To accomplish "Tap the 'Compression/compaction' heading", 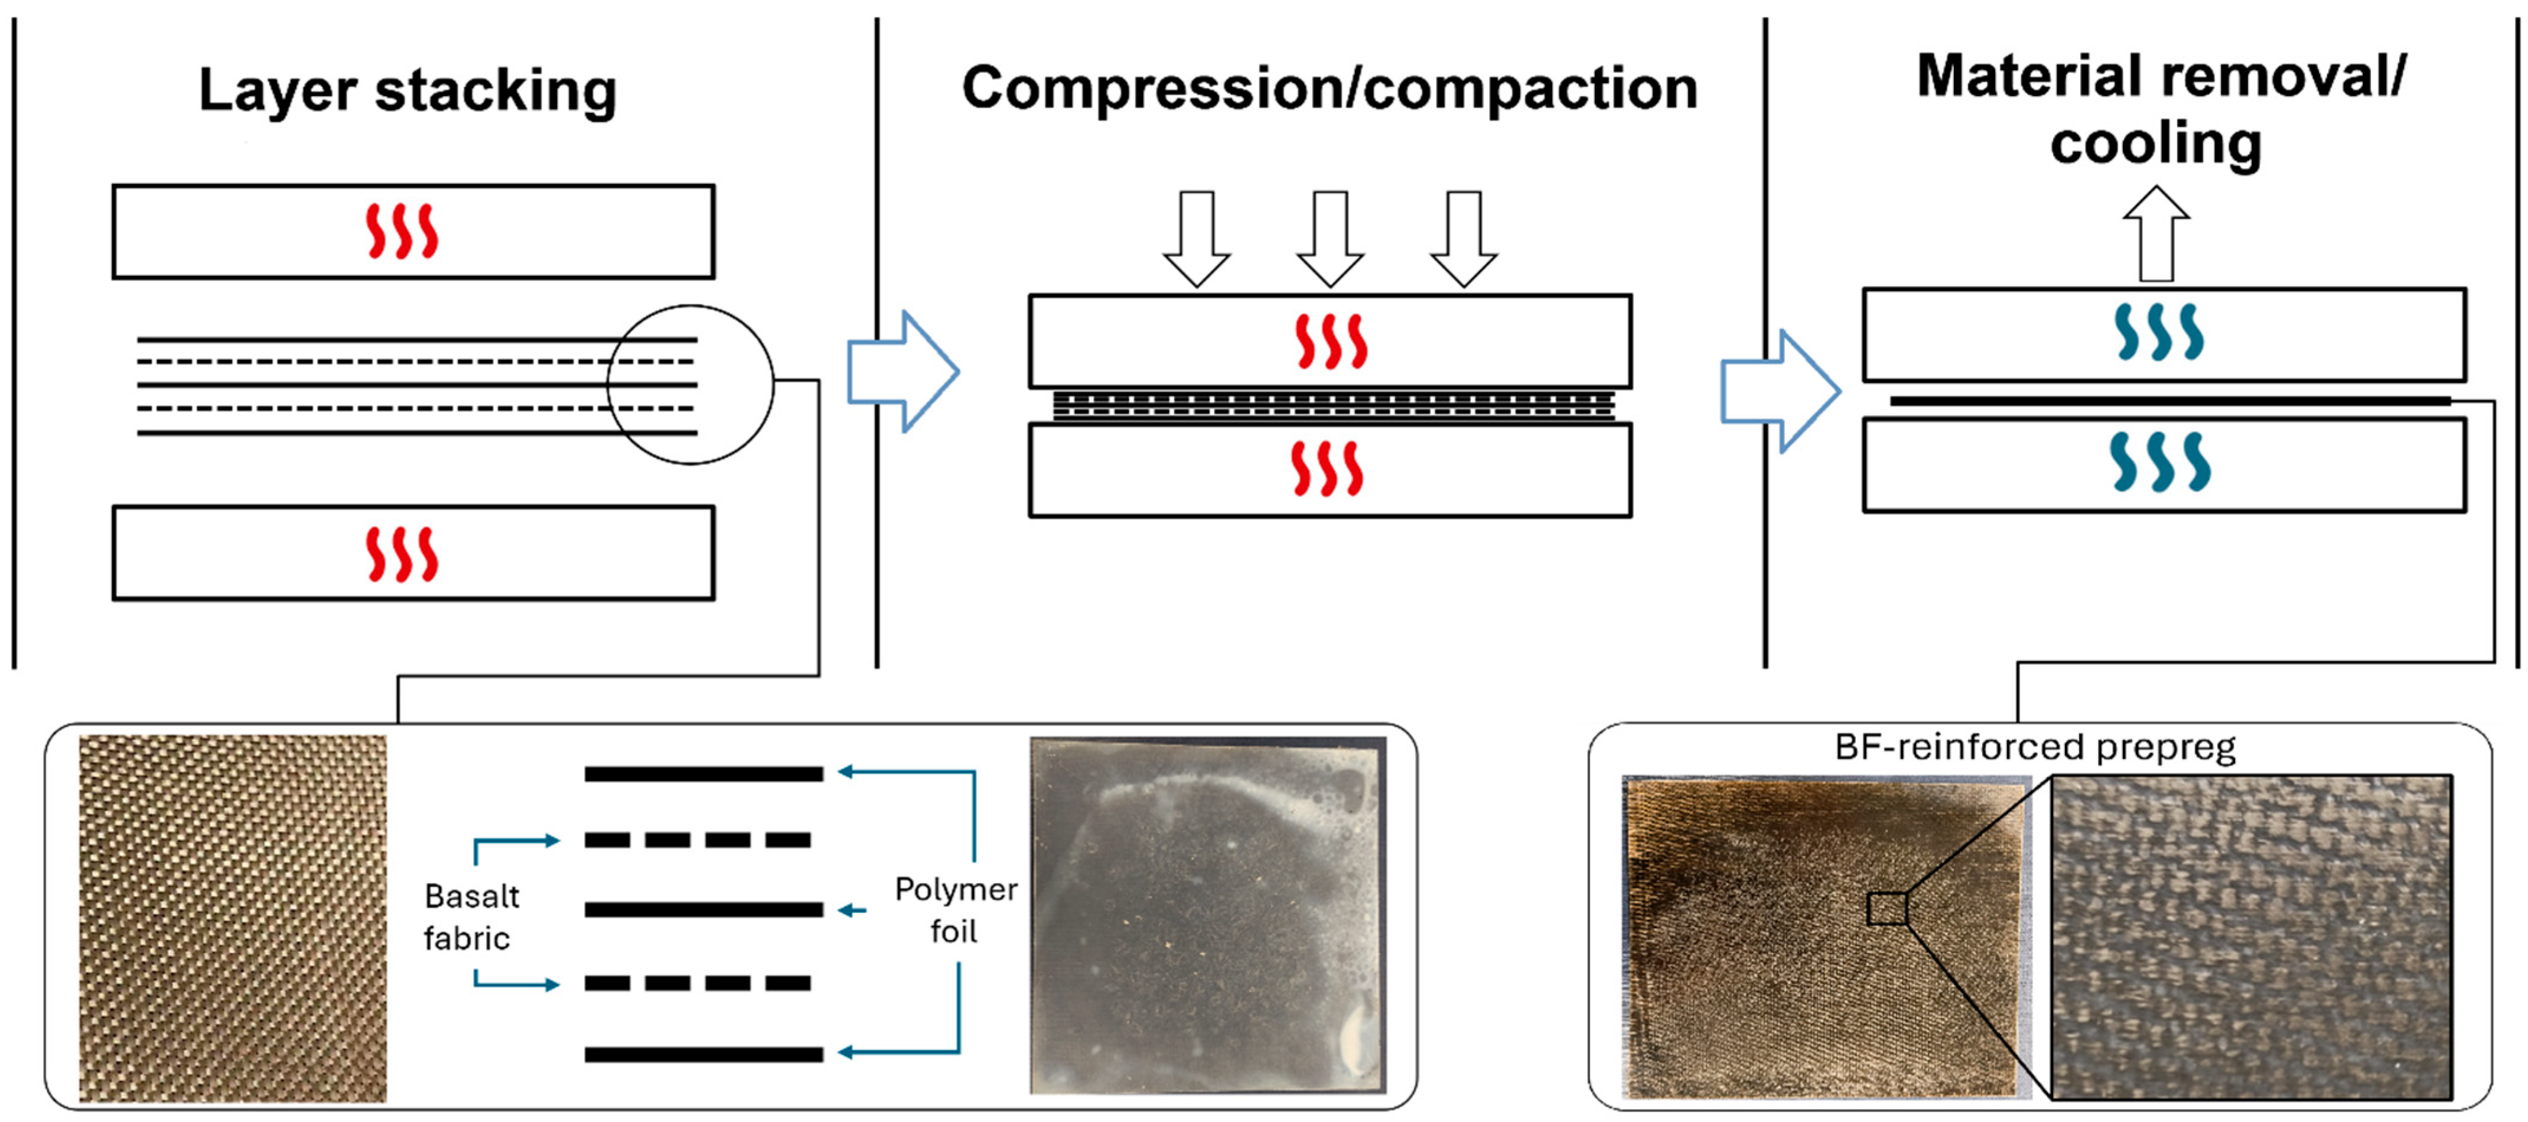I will click(x=1329, y=89).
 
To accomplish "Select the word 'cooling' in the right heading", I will click(x=2155, y=144).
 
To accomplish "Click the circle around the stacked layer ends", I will click(x=690, y=384).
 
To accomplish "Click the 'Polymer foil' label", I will click(x=955, y=909).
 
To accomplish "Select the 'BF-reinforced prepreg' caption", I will click(x=2034, y=747).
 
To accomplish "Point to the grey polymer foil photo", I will click(x=1207, y=915).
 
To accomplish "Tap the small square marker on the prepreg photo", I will click(x=1886, y=908).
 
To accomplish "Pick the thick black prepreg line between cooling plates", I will click(x=2169, y=401).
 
